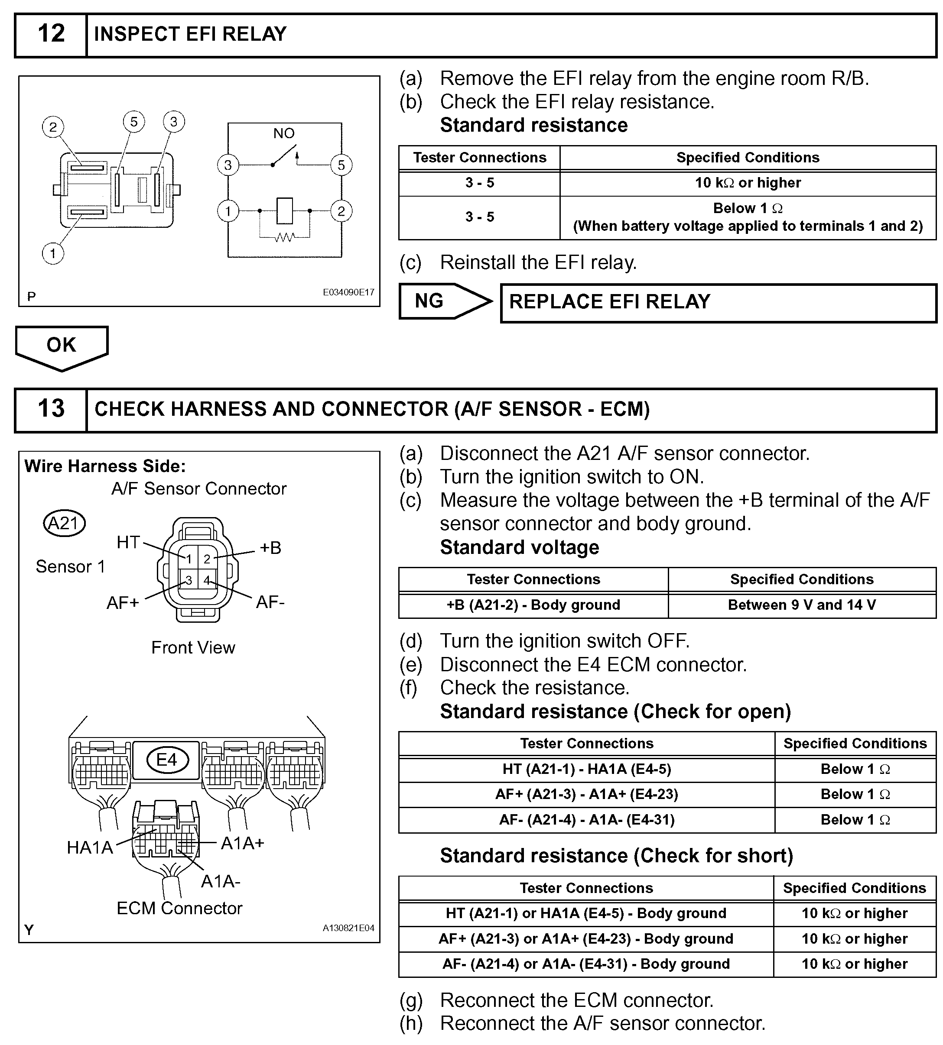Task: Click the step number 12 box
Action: click(51, 35)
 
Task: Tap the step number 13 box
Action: click(51, 409)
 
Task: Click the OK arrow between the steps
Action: click(62, 346)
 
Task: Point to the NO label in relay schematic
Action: click(284, 134)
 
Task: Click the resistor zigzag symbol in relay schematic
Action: click(284, 238)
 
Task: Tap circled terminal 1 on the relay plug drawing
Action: click(53, 254)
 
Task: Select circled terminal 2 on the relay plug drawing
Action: click(53, 127)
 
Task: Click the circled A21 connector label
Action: click(64, 524)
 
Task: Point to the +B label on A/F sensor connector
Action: click(270, 548)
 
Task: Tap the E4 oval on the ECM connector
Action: click(167, 760)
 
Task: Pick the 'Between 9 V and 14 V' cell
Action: click(802, 605)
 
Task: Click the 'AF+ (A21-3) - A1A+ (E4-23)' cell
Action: click(586, 794)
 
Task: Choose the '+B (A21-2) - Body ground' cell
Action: click(533, 605)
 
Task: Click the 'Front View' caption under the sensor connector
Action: click(193, 648)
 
